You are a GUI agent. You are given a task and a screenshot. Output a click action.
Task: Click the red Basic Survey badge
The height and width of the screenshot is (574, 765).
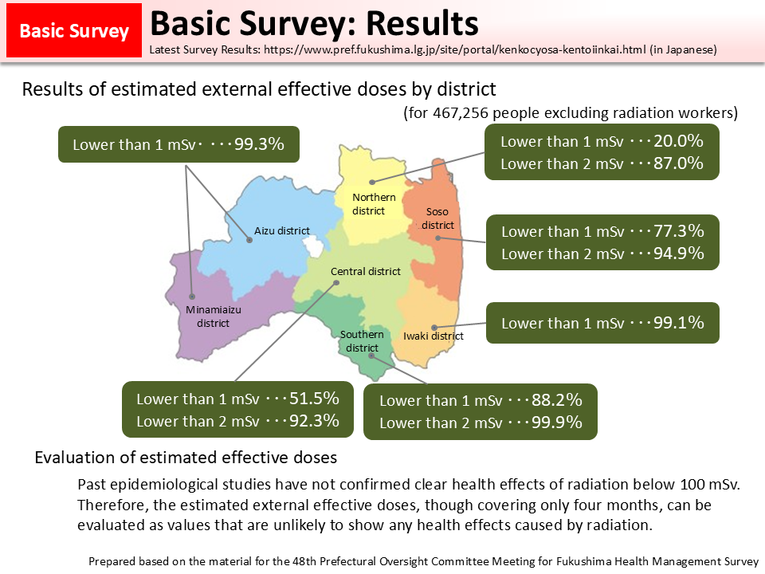pos(74,31)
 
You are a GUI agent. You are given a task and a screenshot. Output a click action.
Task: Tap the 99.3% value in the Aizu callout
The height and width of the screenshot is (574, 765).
pos(260,144)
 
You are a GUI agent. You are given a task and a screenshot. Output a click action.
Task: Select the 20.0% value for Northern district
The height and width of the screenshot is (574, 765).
pos(678,141)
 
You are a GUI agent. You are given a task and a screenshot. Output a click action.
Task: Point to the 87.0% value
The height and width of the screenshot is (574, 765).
pos(678,163)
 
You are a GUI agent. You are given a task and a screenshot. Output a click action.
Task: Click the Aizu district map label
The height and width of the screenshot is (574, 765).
pos(282,231)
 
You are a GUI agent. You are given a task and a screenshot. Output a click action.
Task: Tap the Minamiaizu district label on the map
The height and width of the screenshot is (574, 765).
pos(214,316)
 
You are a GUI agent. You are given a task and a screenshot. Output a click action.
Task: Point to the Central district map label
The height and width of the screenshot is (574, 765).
pos(366,272)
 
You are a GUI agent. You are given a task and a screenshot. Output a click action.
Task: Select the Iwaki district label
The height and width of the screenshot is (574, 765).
pos(433,336)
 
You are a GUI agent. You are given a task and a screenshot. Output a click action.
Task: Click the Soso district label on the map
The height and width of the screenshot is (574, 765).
pos(437,218)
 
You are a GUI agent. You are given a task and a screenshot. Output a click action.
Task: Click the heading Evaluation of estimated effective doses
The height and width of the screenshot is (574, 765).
pos(186,458)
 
